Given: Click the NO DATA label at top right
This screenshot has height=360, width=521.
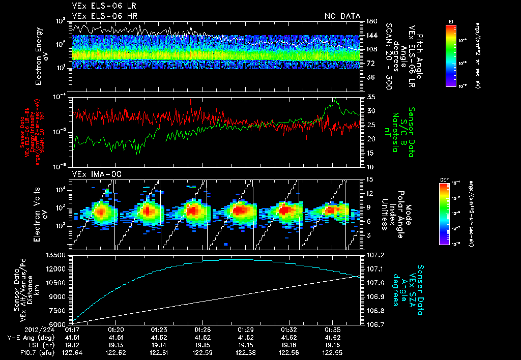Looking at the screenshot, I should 342,16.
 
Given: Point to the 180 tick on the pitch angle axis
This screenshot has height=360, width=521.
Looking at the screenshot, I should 371,21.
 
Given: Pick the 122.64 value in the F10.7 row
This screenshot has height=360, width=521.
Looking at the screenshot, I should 73,352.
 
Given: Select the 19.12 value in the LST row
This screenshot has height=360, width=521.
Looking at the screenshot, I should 73,345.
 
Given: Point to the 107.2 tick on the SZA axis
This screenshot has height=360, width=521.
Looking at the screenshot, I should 377,255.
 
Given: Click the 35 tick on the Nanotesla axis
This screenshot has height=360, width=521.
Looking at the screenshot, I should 370,97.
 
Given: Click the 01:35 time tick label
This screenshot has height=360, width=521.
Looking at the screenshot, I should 333,330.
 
